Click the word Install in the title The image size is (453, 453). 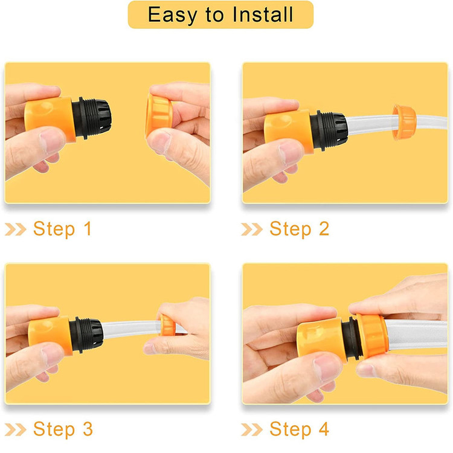(x=263, y=14)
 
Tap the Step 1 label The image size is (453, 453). (x=62, y=229)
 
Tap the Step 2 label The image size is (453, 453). (x=300, y=229)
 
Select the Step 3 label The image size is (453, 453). (x=63, y=429)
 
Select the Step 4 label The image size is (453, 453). (x=300, y=429)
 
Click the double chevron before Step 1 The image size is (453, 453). (x=16, y=230)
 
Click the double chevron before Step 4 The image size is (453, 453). (x=252, y=429)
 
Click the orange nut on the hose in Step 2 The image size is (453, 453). (x=404, y=123)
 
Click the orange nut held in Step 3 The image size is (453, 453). (x=167, y=326)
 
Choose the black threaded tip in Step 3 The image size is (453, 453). (x=86, y=335)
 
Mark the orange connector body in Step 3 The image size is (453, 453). (x=50, y=336)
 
